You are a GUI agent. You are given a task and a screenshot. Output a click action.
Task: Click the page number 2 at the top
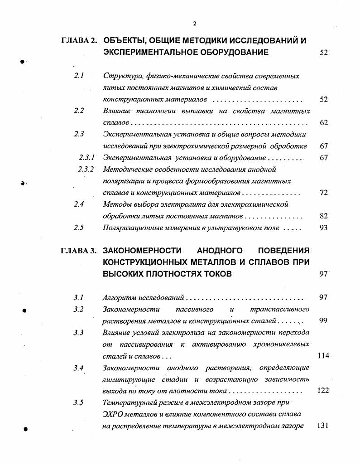pyautogui.click(x=194, y=24)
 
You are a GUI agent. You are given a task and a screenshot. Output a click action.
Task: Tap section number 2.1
pyautogui.click(x=79, y=76)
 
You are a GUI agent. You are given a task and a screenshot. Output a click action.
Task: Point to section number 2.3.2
pyautogui.click(x=86, y=170)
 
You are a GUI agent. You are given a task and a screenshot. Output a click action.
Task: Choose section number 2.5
pyautogui.click(x=79, y=228)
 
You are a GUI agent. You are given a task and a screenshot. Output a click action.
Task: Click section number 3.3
pyautogui.click(x=79, y=333)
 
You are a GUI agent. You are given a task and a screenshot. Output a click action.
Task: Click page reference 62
pyautogui.click(x=323, y=122)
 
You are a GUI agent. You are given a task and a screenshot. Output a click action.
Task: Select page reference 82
pyautogui.click(x=323, y=216)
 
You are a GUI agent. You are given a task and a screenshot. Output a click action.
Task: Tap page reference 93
pyautogui.click(x=323, y=228)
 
